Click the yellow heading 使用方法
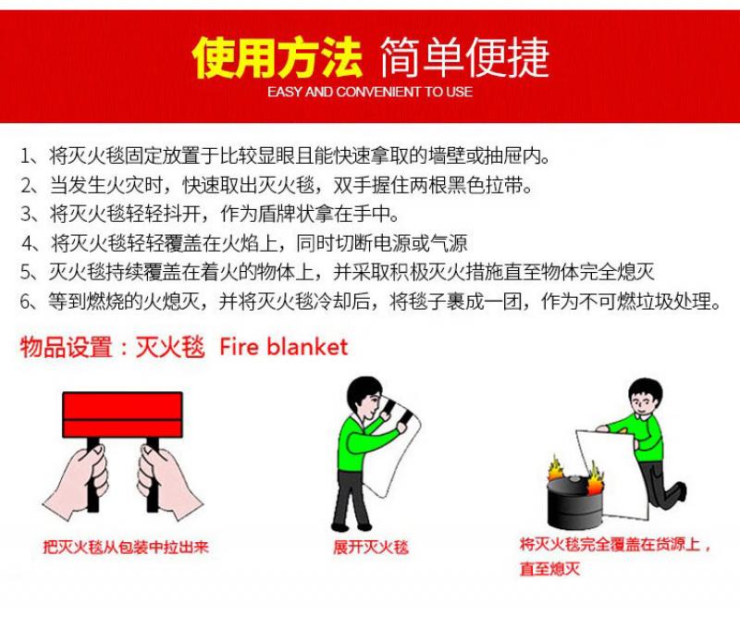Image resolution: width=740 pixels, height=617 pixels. pyautogui.click(x=277, y=57)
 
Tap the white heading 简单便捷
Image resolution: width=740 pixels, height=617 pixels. pyautogui.click(x=464, y=57)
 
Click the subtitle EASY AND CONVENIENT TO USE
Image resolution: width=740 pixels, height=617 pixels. pyautogui.click(x=370, y=92)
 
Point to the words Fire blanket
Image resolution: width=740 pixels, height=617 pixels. pyautogui.click(x=284, y=347)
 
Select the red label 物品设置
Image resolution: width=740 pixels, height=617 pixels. pyautogui.click(x=66, y=347)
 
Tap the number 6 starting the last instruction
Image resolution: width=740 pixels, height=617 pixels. pyautogui.click(x=26, y=301)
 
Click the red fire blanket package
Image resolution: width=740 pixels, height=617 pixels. pyautogui.click(x=122, y=414)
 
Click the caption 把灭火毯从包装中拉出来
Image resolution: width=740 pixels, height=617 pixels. pyautogui.click(x=126, y=547)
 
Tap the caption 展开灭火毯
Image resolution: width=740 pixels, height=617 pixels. pyautogui.click(x=371, y=547)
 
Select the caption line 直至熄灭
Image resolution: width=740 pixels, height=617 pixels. pyautogui.click(x=549, y=568)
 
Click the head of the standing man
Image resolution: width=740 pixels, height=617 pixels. pyautogui.click(x=364, y=398)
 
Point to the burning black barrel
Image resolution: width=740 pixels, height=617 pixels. pyautogui.click(x=574, y=501)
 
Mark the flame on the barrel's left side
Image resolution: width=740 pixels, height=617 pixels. pyautogui.click(x=556, y=468)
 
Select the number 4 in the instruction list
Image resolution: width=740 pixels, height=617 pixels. pyautogui.click(x=28, y=243)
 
